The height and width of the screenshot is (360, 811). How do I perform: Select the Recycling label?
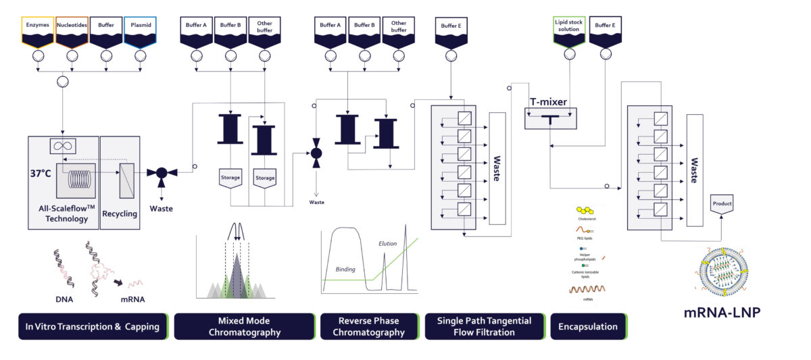click(119, 214)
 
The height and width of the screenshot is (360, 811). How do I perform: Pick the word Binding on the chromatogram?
click(345, 269)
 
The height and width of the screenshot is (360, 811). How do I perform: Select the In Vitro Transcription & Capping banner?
click(93, 326)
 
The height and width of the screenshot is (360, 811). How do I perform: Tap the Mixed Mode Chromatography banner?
click(245, 326)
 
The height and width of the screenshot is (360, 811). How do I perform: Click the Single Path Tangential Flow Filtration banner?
click(485, 326)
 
